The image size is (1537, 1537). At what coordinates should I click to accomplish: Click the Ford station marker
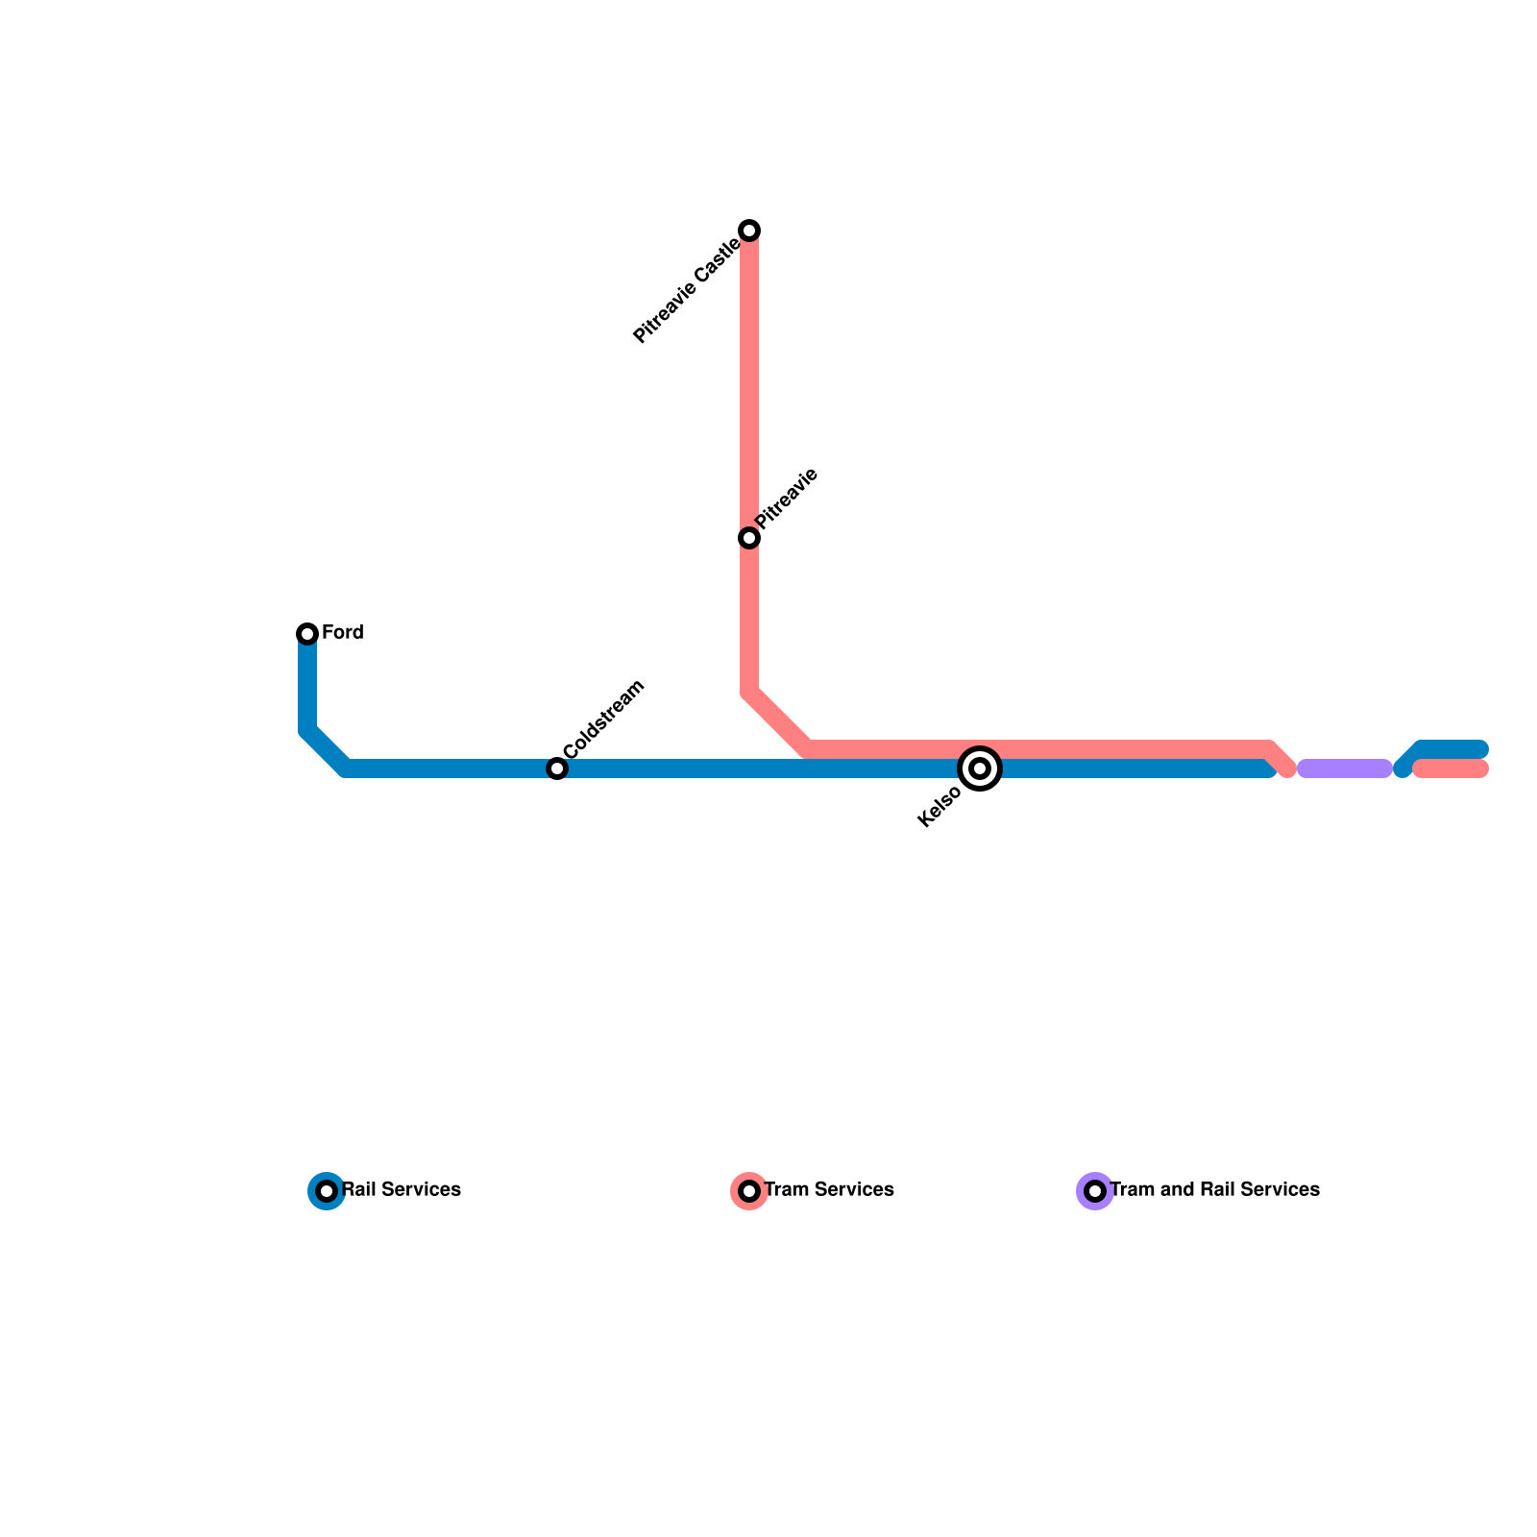[307, 634]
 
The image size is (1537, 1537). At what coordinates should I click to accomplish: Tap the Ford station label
[343, 633]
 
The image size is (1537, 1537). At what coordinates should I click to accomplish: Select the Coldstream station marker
[557, 768]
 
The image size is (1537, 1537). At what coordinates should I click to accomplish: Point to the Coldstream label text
[604, 720]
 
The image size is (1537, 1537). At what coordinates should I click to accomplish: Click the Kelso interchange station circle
[980, 768]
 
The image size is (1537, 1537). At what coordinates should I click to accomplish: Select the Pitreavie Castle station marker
[749, 231]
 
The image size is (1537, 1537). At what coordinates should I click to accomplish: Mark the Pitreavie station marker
[749, 538]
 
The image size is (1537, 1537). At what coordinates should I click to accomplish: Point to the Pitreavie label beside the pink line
[787, 499]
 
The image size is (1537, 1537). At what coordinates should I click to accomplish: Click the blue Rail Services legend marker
[327, 1191]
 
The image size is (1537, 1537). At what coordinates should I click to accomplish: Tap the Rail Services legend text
[402, 1190]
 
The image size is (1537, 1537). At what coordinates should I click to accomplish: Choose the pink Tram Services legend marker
[749, 1191]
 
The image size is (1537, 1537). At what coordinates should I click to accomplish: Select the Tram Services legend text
[829, 1190]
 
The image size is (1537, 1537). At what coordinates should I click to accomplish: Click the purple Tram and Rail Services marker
[1095, 1191]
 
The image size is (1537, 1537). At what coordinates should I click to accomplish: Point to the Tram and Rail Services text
[1215, 1190]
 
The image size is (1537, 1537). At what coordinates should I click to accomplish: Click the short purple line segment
[1345, 768]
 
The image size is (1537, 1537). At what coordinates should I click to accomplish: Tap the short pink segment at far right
[1451, 768]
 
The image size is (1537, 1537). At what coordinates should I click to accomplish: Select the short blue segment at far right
[1451, 749]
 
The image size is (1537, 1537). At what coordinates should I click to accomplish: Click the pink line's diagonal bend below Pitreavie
[778, 720]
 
